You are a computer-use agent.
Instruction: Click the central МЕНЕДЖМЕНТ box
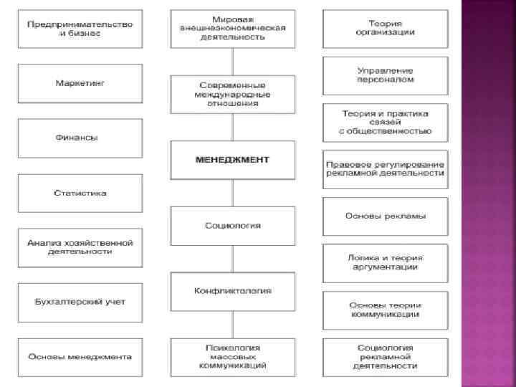(232, 160)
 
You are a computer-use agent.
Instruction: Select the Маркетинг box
(80, 84)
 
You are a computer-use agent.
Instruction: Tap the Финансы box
(80, 138)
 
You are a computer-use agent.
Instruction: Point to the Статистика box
(80, 193)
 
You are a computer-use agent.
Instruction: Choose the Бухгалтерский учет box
(80, 301)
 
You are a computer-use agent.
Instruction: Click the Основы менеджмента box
(80, 356)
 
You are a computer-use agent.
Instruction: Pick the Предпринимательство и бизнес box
(80, 29)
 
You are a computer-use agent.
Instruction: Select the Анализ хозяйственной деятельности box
(80, 247)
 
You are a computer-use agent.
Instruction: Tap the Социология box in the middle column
(232, 225)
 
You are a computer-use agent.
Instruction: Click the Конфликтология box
(232, 291)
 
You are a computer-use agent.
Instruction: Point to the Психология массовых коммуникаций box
(232, 356)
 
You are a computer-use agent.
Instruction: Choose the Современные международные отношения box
(232, 94)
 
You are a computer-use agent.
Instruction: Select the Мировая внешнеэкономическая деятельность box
(232, 29)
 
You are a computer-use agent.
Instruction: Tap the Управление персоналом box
(386, 75)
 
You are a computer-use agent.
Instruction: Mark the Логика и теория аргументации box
(386, 263)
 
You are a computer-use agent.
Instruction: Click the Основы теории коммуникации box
(386, 310)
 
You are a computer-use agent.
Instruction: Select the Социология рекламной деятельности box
(386, 356)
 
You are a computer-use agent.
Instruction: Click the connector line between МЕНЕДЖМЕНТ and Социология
(232, 193)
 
